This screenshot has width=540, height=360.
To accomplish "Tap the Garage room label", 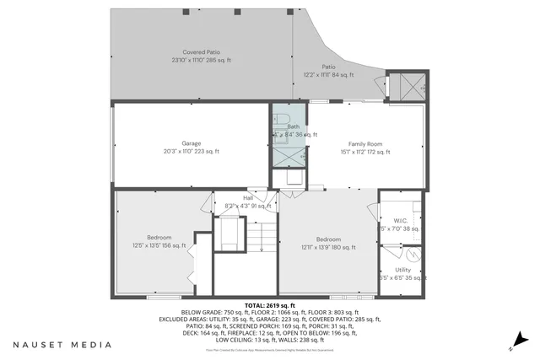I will tap(191, 143).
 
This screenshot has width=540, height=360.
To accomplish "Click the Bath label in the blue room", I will tap(293, 126).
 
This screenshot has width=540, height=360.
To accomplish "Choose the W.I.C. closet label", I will tap(400, 220).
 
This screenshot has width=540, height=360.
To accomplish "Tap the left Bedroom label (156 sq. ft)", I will tap(159, 237).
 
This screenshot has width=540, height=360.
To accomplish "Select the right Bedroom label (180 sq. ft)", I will tap(329, 239).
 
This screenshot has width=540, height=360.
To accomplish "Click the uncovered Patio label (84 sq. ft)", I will tap(328, 67).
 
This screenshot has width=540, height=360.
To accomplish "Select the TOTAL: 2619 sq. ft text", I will tap(269, 304).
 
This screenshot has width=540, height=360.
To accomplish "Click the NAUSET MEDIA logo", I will tap(62, 344).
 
